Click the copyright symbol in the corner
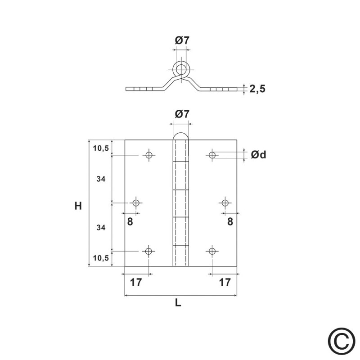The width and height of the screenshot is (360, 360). (342, 342)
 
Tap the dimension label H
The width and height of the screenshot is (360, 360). (78, 206)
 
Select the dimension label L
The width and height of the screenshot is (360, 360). (178, 303)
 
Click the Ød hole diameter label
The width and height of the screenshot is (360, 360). (258, 154)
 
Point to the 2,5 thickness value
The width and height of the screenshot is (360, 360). (257, 89)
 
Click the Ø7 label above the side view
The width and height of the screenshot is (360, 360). (182, 40)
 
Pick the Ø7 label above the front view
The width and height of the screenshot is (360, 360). (182, 114)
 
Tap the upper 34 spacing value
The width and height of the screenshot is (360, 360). (101, 179)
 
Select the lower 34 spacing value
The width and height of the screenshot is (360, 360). (101, 228)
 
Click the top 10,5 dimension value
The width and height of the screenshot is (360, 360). (101, 148)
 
